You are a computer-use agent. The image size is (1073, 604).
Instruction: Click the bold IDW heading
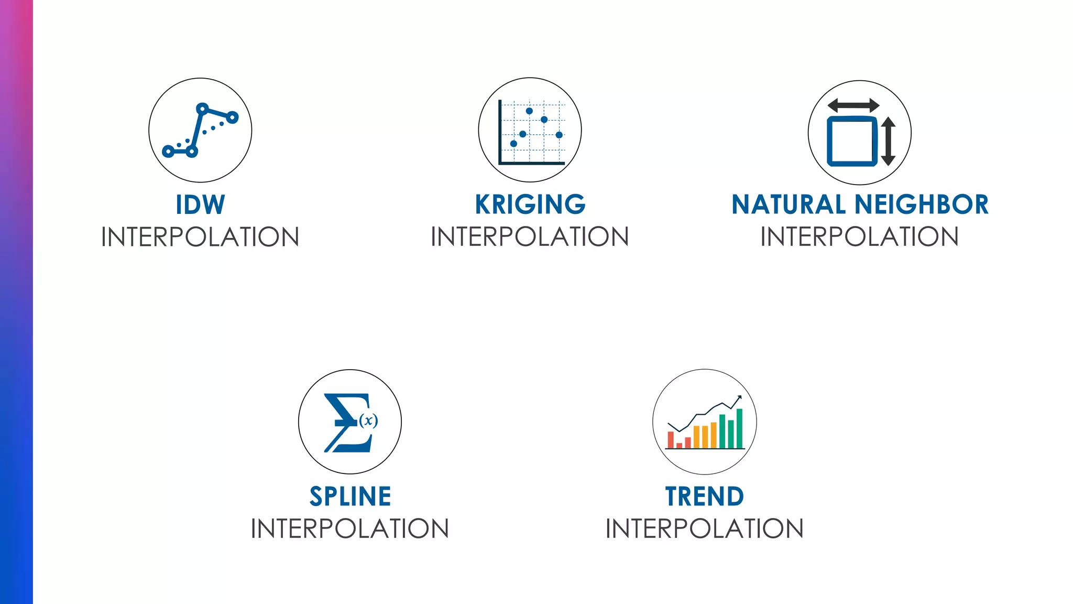tap(200, 204)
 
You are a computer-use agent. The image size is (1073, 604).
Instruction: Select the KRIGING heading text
tap(530, 204)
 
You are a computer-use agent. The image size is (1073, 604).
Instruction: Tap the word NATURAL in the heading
tap(789, 204)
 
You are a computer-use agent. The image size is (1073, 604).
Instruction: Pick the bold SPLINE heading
tap(350, 497)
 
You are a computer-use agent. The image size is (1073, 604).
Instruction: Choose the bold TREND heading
tap(705, 497)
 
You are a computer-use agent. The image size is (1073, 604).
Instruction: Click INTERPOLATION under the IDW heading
tap(200, 237)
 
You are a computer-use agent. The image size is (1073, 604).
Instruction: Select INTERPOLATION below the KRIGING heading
tap(530, 237)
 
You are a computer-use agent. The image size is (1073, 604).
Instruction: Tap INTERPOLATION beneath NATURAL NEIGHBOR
tap(859, 237)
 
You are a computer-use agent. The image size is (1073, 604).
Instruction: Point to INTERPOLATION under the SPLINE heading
tap(350, 528)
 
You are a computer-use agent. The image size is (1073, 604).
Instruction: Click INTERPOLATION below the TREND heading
tap(705, 528)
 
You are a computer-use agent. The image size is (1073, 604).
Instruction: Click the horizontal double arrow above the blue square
tap(853, 105)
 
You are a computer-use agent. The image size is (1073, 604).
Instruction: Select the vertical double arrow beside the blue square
tap(888, 141)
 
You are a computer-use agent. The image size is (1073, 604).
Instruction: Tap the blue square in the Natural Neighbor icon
tap(852, 141)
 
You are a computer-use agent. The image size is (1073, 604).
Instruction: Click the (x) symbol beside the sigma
tap(368, 420)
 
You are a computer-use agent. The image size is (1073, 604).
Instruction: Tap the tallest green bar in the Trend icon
tap(739, 428)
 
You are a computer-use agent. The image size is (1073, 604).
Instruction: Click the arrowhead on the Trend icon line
tap(739, 397)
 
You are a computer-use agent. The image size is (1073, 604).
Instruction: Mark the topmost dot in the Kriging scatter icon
tap(529, 111)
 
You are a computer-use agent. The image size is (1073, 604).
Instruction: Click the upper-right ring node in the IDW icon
tap(232, 117)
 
